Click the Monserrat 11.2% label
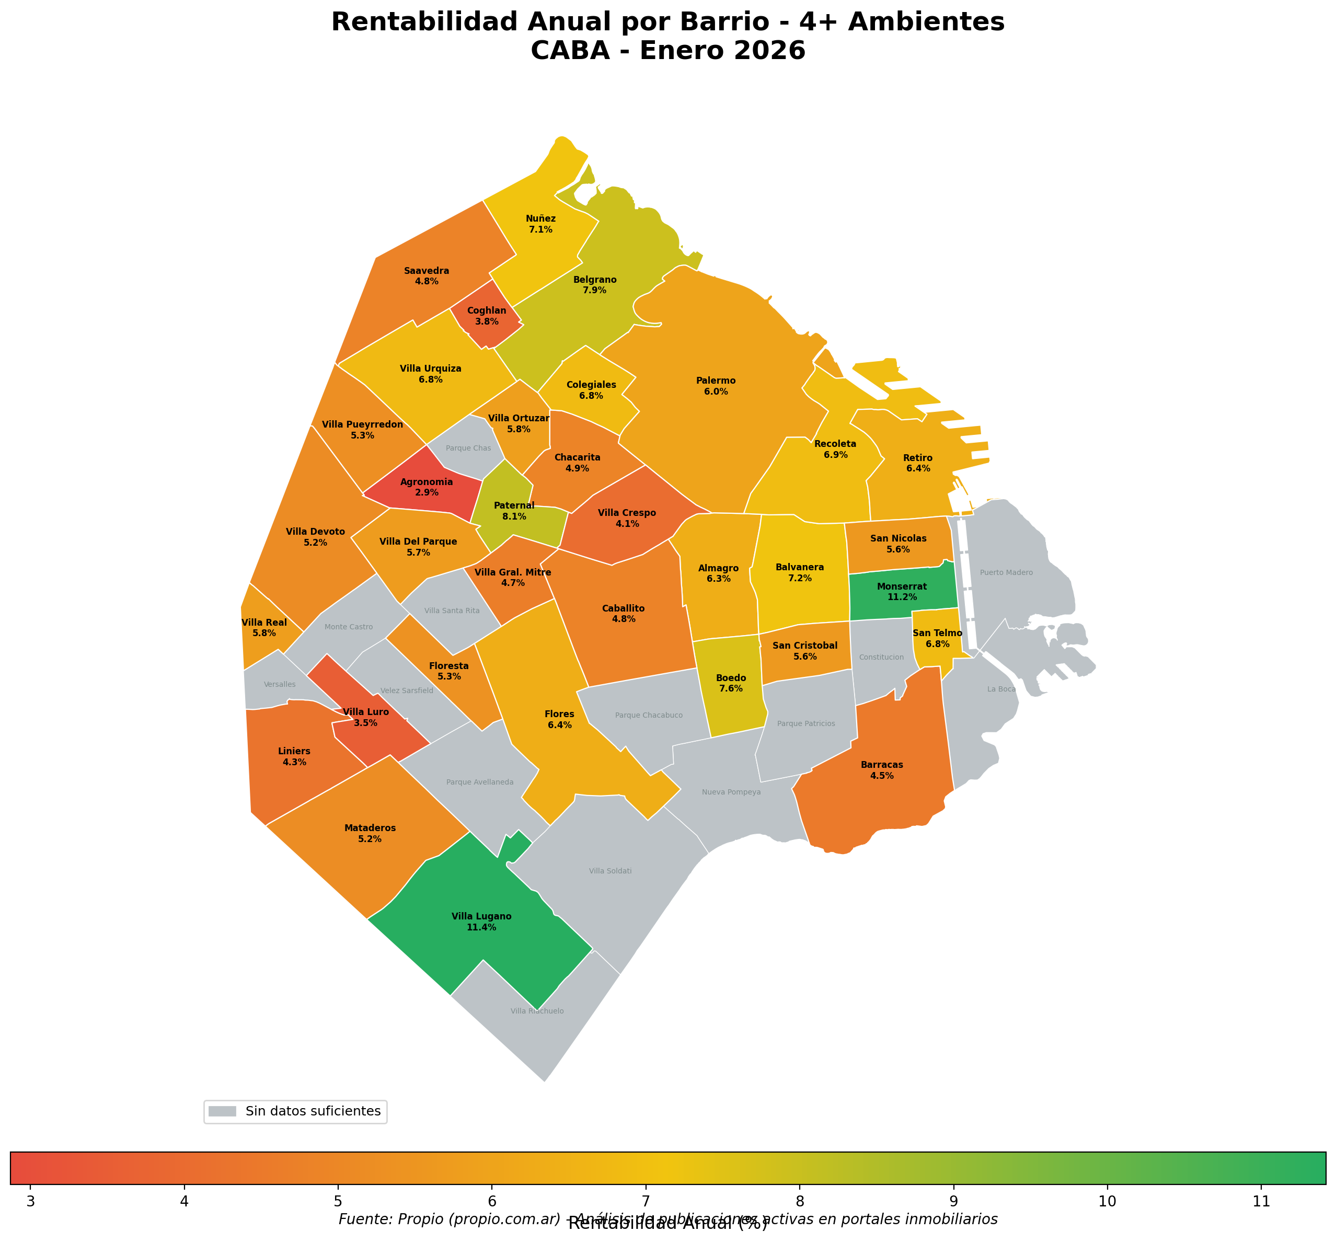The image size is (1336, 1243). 901,592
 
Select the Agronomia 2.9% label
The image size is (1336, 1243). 426,487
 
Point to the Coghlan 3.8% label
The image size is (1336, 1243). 486,316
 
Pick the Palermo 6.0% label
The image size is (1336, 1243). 716,386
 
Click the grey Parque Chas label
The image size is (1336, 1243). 468,448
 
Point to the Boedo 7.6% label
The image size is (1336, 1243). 731,683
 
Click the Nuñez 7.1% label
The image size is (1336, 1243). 540,224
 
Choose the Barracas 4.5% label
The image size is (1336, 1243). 882,770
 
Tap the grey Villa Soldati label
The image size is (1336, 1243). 609,871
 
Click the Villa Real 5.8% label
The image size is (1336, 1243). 263,628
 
